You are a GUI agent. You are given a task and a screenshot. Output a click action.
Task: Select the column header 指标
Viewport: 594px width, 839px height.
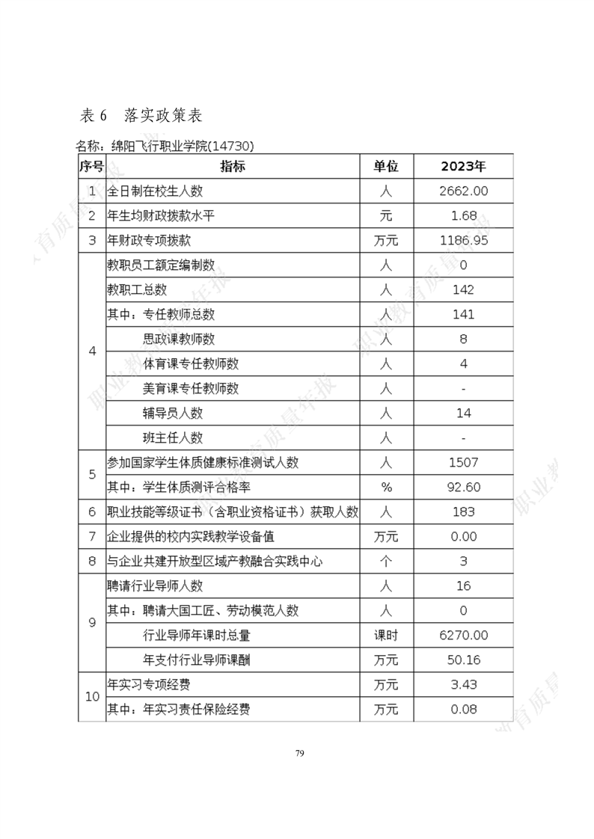(x=233, y=166)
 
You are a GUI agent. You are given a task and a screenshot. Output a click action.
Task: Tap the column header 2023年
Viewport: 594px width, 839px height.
(x=463, y=166)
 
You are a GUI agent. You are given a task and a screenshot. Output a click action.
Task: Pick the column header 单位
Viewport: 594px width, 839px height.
(x=386, y=166)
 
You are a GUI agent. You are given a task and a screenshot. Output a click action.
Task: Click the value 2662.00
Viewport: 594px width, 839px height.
(x=463, y=191)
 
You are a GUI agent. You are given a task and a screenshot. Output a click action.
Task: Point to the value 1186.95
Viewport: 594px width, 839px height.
(x=463, y=240)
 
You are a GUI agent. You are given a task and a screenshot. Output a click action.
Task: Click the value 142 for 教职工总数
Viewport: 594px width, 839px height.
(x=463, y=289)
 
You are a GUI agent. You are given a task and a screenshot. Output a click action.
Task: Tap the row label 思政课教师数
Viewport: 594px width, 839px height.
(x=179, y=339)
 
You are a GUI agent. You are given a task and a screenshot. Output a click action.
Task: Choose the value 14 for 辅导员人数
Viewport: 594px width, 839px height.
(x=463, y=413)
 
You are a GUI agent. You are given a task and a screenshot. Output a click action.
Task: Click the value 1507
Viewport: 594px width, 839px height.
(x=463, y=463)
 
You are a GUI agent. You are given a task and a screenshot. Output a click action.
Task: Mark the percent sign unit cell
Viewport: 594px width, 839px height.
(x=386, y=488)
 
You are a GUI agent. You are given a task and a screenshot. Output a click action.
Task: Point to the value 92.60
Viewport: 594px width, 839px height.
(x=463, y=488)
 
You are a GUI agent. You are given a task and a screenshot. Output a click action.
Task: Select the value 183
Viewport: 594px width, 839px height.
(x=463, y=512)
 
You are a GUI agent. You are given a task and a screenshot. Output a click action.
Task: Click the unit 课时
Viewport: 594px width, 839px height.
(x=386, y=635)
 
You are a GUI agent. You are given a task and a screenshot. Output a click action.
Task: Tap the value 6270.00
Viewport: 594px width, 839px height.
(x=463, y=635)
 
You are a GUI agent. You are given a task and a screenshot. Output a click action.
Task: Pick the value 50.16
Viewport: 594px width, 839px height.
(x=463, y=660)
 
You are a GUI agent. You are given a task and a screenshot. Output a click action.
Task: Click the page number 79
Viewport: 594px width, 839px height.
(x=299, y=752)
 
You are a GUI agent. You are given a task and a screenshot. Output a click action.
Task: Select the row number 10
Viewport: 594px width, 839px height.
(x=92, y=696)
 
